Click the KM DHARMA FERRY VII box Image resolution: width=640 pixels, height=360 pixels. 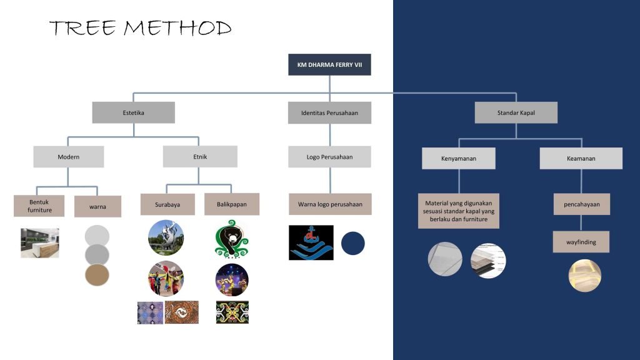[329, 64]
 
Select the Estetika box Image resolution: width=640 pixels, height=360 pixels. [134, 112]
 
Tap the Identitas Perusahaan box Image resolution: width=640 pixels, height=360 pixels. [329, 112]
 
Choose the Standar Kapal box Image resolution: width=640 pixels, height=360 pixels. [516, 112]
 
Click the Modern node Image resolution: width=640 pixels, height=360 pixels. [69, 157]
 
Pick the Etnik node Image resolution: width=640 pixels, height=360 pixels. [200, 157]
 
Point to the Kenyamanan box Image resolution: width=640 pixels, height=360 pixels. [458, 158]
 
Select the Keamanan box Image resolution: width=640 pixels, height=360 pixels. [581, 158]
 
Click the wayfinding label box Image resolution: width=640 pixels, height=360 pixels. [581, 242]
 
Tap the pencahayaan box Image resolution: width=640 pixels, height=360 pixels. [582, 204]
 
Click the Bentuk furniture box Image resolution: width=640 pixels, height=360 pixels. [39, 206]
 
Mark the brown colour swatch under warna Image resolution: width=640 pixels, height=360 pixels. [97, 275]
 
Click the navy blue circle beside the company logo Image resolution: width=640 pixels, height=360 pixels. [352, 243]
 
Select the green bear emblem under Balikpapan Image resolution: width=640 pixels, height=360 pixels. [231, 239]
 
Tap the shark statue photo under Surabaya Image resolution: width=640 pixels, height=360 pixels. [166, 237]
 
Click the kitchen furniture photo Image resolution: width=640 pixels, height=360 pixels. [40, 243]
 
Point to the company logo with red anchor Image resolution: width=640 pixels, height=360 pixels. [311, 242]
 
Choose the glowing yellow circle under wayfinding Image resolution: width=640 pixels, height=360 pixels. [584, 276]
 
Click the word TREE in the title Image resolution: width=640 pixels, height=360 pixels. [83, 28]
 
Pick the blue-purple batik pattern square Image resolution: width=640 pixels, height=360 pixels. [150, 312]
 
